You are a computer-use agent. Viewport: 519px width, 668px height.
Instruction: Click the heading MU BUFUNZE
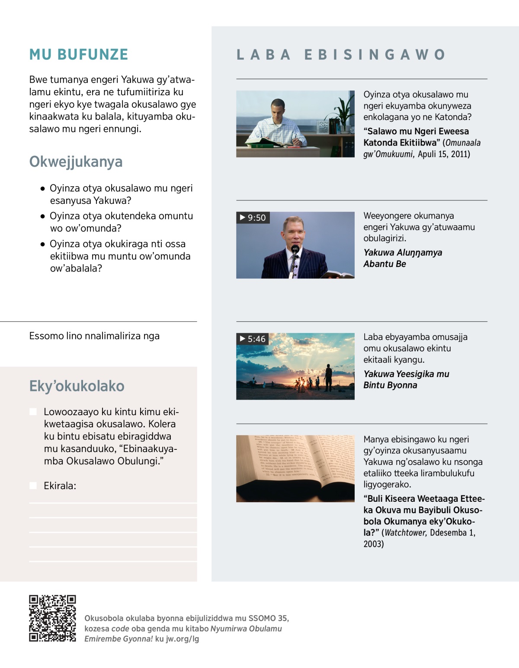79,55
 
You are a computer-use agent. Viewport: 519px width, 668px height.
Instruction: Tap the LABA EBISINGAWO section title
341,55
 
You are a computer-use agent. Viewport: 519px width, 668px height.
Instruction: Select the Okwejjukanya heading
76,162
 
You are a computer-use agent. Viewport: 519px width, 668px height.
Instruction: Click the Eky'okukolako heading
77,386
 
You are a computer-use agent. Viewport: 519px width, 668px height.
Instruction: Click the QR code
52,618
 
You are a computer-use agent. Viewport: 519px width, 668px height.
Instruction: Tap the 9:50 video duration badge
253,218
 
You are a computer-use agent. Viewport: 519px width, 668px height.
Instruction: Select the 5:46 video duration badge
253,339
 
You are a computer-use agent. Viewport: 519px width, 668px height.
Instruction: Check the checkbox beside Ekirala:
33,486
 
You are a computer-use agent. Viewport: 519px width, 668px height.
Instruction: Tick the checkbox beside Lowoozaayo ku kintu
33,412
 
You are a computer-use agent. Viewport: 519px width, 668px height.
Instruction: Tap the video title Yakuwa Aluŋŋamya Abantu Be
402,258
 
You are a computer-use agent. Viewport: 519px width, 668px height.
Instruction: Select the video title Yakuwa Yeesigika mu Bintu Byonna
406,379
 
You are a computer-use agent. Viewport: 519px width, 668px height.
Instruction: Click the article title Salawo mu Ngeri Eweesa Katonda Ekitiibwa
416,137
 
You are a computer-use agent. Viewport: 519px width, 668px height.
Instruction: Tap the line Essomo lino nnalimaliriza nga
94,336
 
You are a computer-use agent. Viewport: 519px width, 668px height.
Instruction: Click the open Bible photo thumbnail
295,468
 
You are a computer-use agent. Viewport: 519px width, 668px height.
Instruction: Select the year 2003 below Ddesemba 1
373,544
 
